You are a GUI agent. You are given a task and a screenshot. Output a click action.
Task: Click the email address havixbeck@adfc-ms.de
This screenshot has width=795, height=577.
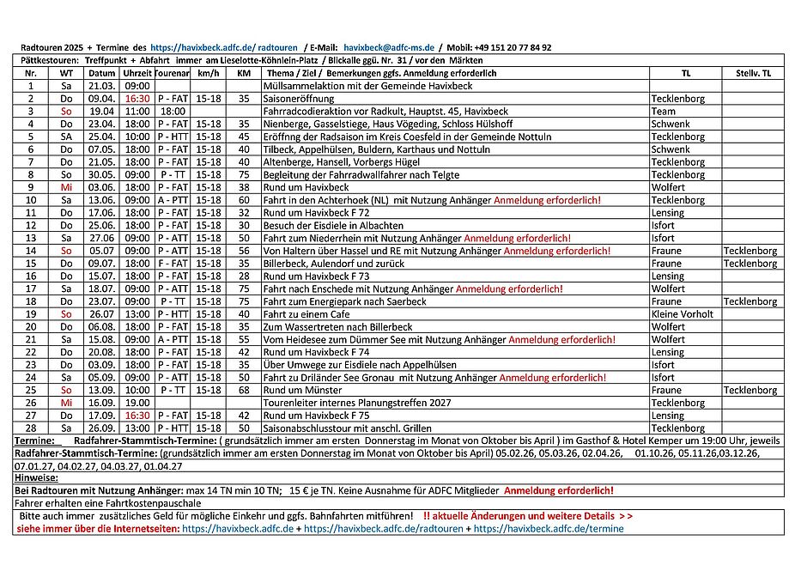[x=390, y=48]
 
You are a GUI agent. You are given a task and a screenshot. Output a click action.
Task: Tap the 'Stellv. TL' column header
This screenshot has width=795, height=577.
[x=753, y=74]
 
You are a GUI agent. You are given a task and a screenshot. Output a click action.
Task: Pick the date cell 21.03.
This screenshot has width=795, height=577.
[x=101, y=86]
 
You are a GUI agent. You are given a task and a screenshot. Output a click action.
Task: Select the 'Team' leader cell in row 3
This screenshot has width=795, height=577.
[x=664, y=112]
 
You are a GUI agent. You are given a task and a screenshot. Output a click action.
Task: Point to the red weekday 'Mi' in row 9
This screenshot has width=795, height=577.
[x=66, y=187]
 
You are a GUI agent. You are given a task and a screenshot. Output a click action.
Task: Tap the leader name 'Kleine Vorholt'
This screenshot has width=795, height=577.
[x=683, y=314]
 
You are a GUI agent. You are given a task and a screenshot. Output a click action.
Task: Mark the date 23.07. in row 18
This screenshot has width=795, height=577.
[x=101, y=301]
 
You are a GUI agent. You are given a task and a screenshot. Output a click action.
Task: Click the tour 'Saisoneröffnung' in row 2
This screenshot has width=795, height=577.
[x=299, y=99]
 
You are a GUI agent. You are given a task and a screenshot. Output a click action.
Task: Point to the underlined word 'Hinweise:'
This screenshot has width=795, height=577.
[x=36, y=477]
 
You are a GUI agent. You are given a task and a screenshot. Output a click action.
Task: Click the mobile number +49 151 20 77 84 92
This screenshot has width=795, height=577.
[x=510, y=48]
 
